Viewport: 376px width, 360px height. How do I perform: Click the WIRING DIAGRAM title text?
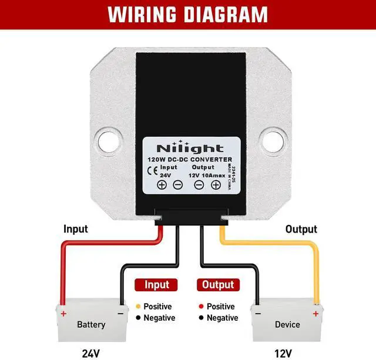coord(187,15)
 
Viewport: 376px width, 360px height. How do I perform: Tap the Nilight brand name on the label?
coord(190,149)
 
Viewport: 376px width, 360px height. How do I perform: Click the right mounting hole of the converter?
coord(270,141)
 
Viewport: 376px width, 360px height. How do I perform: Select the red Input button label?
coord(156,285)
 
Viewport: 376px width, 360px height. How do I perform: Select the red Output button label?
coord(217,285)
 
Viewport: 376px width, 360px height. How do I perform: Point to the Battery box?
coord(91,324)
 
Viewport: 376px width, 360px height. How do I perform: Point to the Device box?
coord(287,324)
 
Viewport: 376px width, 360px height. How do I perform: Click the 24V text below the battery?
coord(91,353)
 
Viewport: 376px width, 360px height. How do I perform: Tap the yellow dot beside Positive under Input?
coord(137,307)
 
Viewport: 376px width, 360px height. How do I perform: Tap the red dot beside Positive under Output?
coord(201,307)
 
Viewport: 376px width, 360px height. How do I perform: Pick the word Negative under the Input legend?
coord(159,318)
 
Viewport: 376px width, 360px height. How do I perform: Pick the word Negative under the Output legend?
coord(222,318)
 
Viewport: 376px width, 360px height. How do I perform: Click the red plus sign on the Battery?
coord(63,313)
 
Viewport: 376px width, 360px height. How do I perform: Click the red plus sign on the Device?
coord(315,314)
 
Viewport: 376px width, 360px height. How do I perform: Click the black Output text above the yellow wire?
coord(301,229)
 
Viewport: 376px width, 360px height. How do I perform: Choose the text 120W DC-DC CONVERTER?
coord(190,160)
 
